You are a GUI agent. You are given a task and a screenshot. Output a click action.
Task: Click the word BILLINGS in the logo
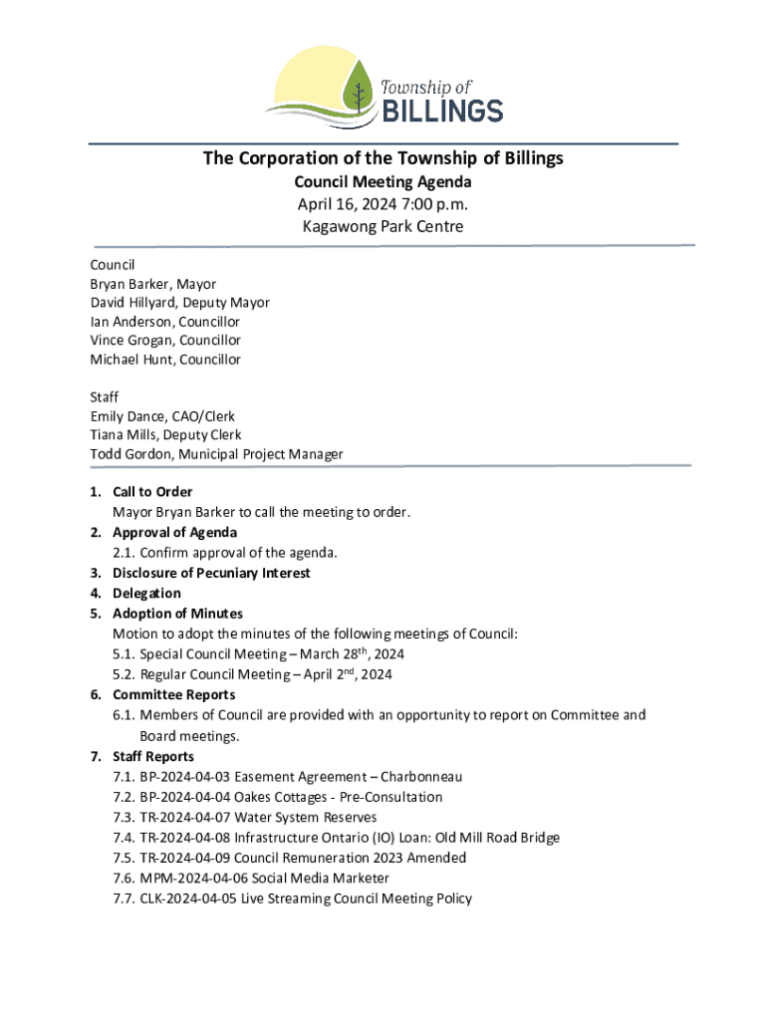[x=443, y=109]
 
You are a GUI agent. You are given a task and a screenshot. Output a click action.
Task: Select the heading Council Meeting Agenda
[x=383, y=182]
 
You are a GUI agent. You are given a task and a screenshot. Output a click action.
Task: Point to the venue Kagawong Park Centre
[x=383, y=226]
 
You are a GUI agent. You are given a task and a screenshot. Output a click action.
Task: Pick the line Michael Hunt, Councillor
[x=165, y=360]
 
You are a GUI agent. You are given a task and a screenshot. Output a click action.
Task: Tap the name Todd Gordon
[x=127, y=454]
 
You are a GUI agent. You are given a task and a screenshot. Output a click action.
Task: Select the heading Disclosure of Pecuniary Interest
[x=211, y=573]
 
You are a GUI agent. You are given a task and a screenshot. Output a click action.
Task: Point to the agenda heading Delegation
[x=146, y=594]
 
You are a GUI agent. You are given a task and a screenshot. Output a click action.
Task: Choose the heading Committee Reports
[x=174, y=695]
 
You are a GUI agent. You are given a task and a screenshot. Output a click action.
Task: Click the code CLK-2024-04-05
[x=188, y=898]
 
